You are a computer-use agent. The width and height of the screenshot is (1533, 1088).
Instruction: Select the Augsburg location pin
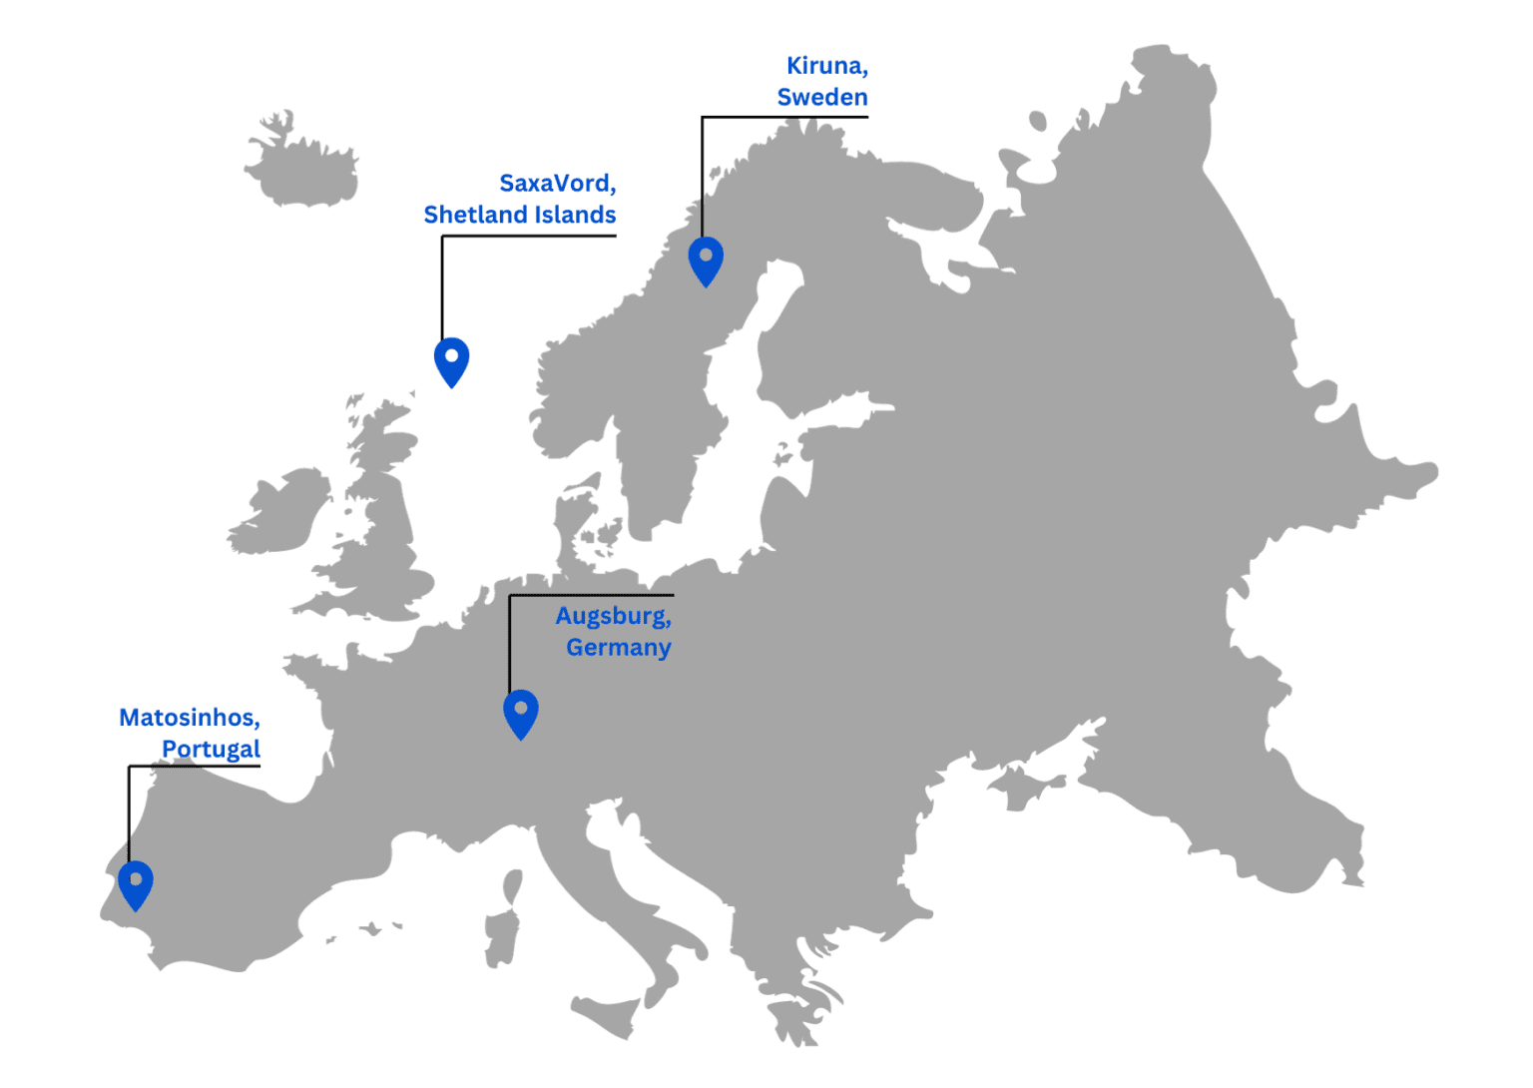pyautogui.click(x=520, y=712)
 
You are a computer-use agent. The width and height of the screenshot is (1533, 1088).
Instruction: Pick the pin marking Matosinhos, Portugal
pyautogui.click(x=136, y=883)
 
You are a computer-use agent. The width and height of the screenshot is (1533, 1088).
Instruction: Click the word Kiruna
pyautogui.click(x=824, y=66)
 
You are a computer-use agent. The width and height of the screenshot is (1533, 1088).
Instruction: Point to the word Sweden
pyautogui.click(x=822, y=98)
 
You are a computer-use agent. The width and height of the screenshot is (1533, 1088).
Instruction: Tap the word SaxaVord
pyautogui.click(x=556, y=184)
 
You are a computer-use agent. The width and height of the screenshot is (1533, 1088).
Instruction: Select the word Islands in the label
pyautogui.click(x=575, y=215)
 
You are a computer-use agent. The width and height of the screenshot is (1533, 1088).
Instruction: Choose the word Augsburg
pyautogui.click(x=612, y=617)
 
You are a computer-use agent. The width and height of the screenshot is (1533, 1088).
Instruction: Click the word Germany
pyautogui.click(x=618, y=648)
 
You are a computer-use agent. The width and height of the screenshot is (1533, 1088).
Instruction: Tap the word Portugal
pyautogui.click(x=211, y=750)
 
